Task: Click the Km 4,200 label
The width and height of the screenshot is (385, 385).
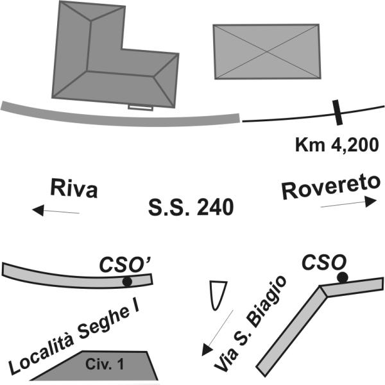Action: [x=337, y=145]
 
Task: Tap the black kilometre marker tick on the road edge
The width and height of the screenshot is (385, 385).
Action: [x=337, y=112]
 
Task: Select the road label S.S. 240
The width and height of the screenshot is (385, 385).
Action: [x=191, y=207]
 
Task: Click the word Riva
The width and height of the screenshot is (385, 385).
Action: [x=74, y=188]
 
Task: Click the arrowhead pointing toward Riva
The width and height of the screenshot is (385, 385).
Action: [x=38, y=210]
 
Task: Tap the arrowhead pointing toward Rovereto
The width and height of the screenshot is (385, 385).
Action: [x=371, y=201]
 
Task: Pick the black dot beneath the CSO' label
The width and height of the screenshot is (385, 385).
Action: [x=127, y=282]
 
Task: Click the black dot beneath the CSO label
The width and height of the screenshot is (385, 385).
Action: [x=342, y=277]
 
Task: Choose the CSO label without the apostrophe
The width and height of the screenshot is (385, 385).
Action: [x=324, y=262]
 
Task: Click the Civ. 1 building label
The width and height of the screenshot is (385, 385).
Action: [x=105, y=364]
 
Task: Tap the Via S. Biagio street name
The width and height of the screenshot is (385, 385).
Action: [x=250, y=323]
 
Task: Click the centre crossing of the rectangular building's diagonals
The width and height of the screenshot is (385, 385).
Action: [x=267, y=51]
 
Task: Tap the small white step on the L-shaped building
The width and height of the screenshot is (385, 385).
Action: [x=141, y=108]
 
